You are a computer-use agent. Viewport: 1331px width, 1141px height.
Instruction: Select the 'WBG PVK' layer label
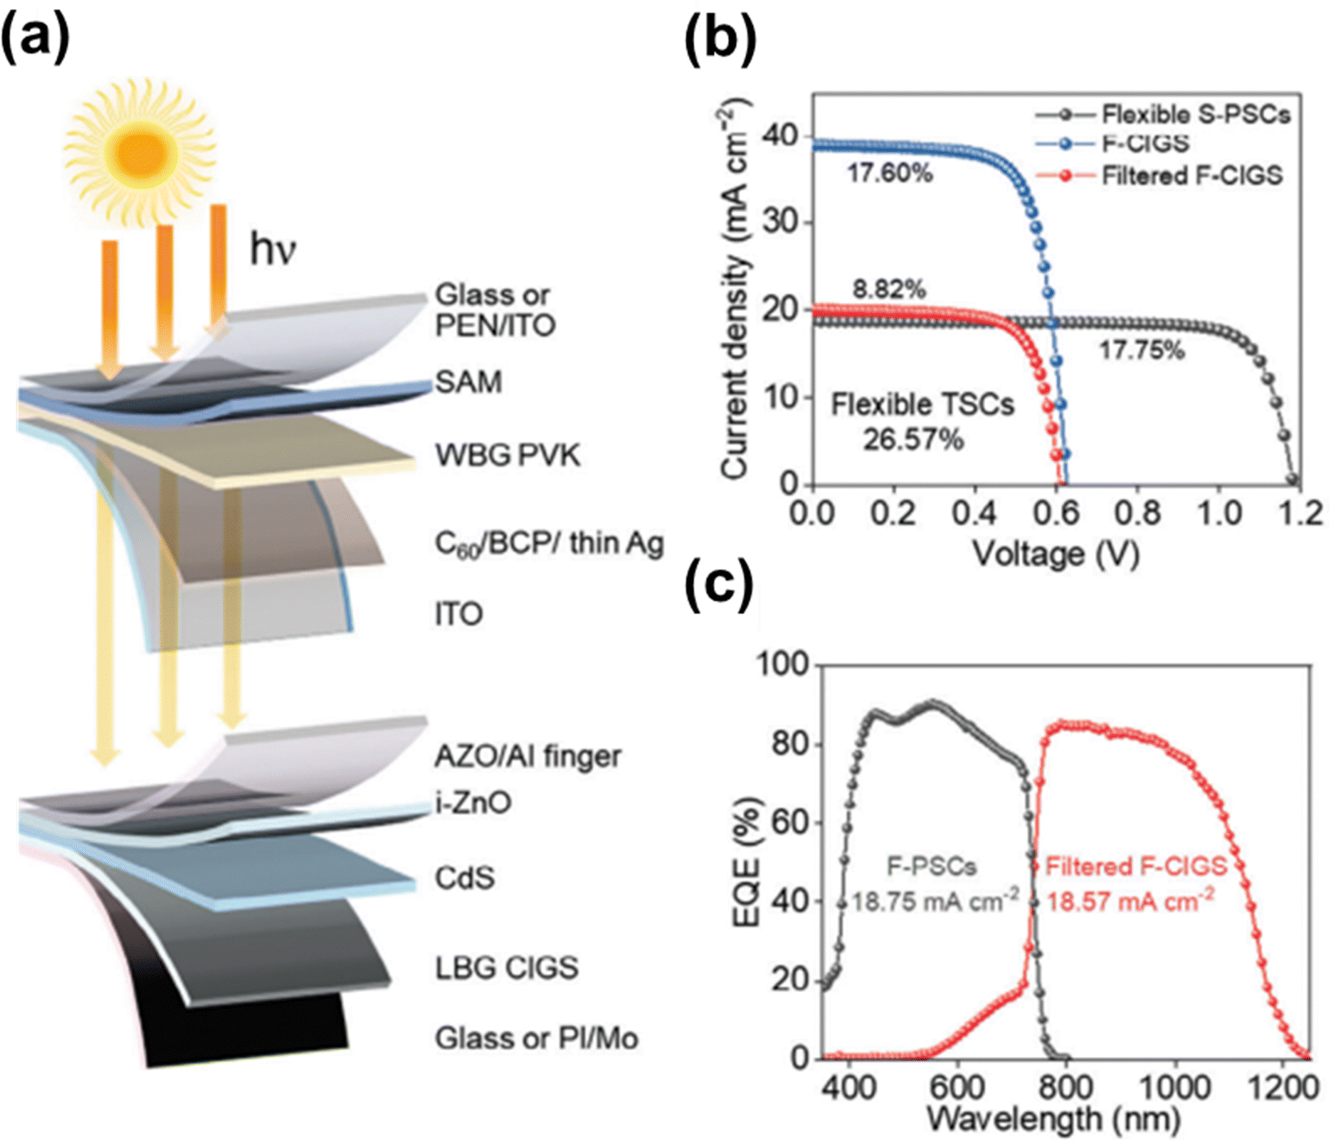[x=507, y=455]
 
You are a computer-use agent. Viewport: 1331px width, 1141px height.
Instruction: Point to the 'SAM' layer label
[x=468, y=381]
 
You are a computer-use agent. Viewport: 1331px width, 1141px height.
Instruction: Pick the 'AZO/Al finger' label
[x=527, y=756]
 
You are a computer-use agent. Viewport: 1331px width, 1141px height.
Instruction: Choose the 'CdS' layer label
[x=465, y=878]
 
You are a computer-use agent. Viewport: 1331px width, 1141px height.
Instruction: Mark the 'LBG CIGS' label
[x=507, y=968]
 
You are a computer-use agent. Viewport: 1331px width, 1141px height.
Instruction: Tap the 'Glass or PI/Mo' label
[x=536, y=1038]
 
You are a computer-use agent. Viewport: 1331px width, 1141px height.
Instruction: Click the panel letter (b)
[x=720, y=37]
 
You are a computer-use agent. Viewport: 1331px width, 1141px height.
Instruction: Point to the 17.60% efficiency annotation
[x=890, y=174]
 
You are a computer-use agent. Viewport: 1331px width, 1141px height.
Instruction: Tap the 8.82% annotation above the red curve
[x=889, y=289]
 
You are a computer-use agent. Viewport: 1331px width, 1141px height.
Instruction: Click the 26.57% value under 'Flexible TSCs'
[x=913, y=440]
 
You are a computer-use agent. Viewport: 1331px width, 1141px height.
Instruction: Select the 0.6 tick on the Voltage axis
[x=1056, y=514]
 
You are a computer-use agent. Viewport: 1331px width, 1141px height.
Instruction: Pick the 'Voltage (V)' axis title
[x=1056, y=555]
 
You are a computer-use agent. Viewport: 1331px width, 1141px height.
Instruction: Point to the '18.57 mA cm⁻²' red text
[x=1130, y=902]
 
